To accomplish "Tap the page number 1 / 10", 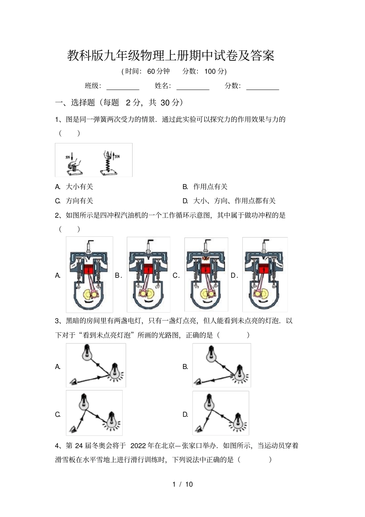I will coord(182,484).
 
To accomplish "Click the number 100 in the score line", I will coord(210,71).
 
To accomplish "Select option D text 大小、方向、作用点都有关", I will coord(234,201).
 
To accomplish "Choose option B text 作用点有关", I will coord(210,187).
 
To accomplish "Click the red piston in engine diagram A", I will coord(89,269).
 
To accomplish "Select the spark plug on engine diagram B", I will coord(148,246).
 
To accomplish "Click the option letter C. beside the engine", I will coord(176,276).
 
